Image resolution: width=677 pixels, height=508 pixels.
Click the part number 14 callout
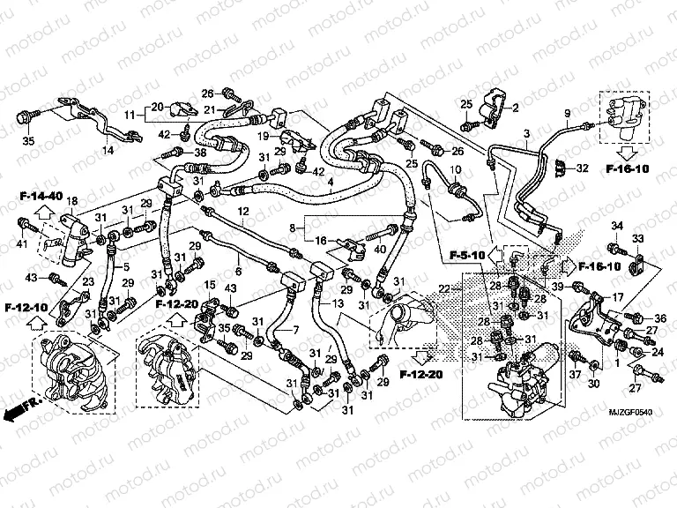pos(108,151)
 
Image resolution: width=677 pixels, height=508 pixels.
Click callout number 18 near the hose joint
pos(72,202)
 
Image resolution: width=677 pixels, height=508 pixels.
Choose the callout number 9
pos(568,114)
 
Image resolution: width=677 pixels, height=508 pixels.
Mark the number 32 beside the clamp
pos(582,168)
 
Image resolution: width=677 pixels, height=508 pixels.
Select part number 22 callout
pos(443,288)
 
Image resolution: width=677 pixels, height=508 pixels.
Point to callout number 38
pos(200,152)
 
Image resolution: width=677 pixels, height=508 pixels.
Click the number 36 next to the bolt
pos(660,318)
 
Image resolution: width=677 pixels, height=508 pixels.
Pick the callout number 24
pos(658,353)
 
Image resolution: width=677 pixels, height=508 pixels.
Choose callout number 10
pos(456,169)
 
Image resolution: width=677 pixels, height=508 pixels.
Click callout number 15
pos(211,284)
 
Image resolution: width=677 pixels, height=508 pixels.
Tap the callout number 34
pos(617,226)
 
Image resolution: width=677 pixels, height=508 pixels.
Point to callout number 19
pos(263,136)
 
